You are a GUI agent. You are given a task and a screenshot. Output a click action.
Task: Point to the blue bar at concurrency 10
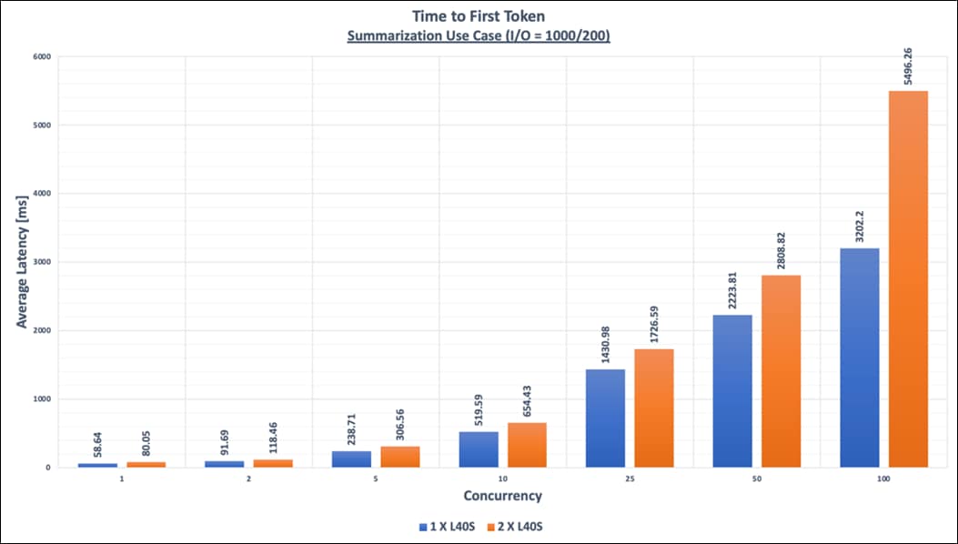[478, 449]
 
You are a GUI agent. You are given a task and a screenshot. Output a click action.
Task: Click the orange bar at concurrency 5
[400, 457]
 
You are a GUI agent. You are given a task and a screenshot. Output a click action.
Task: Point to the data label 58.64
[97, 439]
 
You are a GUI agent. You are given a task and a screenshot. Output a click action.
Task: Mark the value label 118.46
[273, 437]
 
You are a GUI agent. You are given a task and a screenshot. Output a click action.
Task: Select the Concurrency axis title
[502, 496]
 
